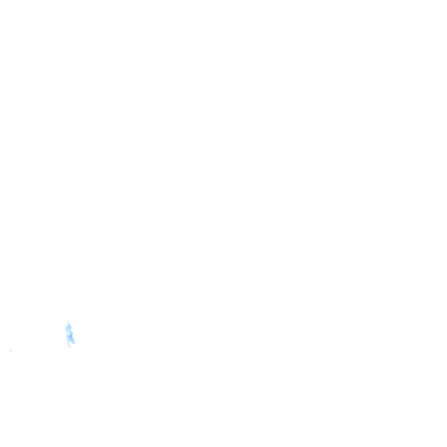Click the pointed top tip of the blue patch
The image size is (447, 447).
coord(68,322)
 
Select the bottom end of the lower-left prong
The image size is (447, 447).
coord(69,347)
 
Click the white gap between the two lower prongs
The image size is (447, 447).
coord(71,345)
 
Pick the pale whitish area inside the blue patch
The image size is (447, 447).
coord(68,333)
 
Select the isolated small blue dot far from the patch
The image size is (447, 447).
coord(10,350)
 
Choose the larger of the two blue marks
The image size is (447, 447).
coord(69,334)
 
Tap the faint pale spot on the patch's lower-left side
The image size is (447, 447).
coord(68,339)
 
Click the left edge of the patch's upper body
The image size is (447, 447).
coord(66,329)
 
